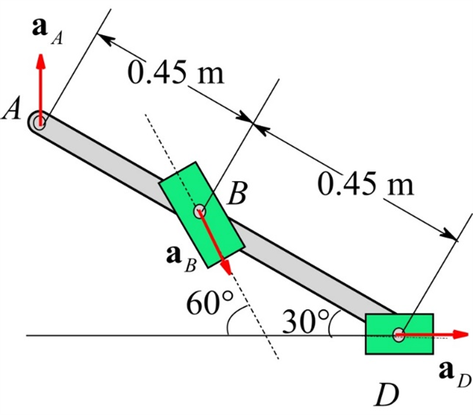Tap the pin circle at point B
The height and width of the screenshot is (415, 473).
click(200, 212)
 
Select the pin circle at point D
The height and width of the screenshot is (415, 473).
click(398, 334)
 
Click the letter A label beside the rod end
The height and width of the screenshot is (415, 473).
click(12, 111)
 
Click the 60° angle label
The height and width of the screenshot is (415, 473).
click(208, 303)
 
